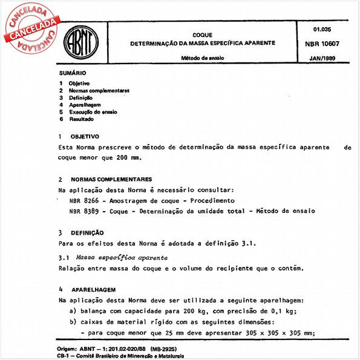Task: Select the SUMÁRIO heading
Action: tap(72, 72)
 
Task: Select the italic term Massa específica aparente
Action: tap(117, 257)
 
